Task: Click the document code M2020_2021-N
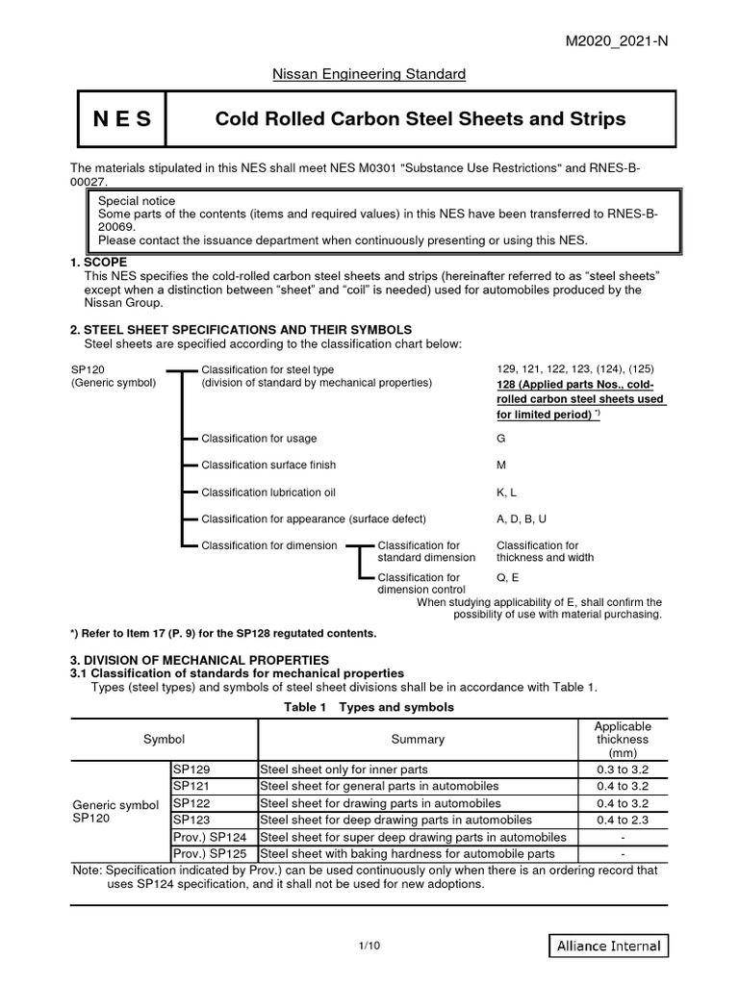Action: (663, 38)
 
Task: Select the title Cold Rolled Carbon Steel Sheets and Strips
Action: (420, 119)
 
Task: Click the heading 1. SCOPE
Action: (99, 262)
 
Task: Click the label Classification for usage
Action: (258, 438)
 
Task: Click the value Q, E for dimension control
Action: (507, 578)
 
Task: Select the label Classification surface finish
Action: (268, 465)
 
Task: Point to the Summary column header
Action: (418, 740)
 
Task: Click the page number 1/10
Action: (369, 947)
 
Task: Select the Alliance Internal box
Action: (608, 946)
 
